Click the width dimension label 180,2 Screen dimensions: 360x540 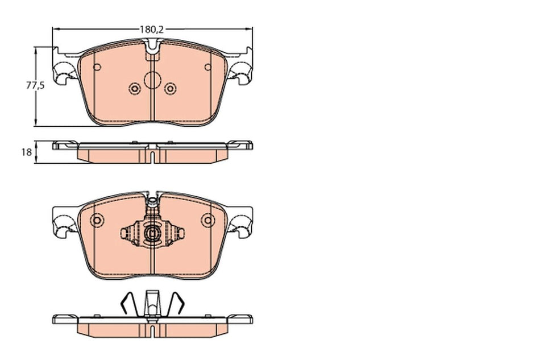(151, 27)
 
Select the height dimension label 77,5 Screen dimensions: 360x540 (35, 86)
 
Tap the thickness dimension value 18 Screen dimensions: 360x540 (26, 152)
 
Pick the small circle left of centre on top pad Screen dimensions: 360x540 (135, 88)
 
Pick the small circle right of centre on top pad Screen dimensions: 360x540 (169, 88)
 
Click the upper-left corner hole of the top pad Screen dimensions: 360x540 (97, 68)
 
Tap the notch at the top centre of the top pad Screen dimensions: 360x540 (152, 50)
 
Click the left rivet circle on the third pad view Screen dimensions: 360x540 (97, 220)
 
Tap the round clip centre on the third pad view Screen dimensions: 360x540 (152, 233)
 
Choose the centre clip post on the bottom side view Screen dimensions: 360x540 (152, 301)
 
